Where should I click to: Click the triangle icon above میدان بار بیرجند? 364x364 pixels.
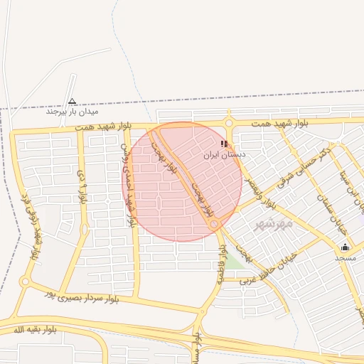click(x=72, y=101)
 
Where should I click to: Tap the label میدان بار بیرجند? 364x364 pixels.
click(x=72, y=112)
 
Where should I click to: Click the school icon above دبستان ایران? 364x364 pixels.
click(x=225, y=144)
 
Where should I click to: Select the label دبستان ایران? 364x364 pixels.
click(x=225, y=154)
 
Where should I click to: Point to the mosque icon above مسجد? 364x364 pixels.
click(x=346, y=247)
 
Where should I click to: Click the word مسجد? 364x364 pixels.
click(x=346, y=257)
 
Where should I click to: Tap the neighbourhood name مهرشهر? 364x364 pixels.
click(x=274, y=224)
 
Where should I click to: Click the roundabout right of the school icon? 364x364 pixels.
click(x=229, y=122)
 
